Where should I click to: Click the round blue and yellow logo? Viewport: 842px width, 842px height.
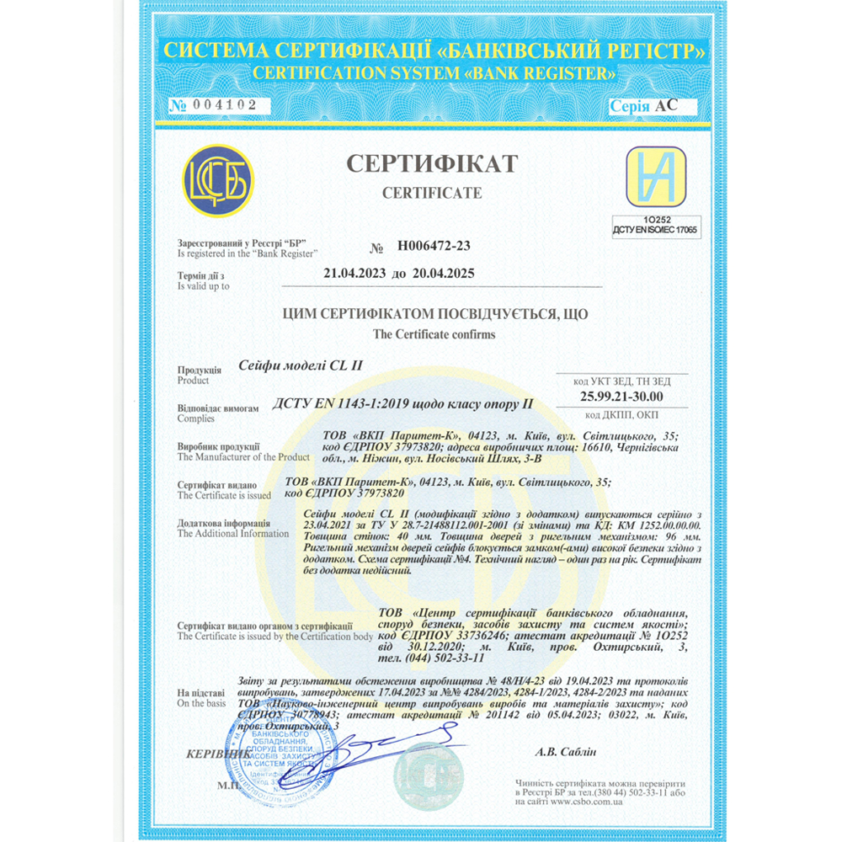pyautogui.click(x=218, y=181)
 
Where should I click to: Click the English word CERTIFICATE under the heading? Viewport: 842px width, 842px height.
pyautogui.click(x=432, y=193)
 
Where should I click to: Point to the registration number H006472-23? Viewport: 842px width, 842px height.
pyautogui.click(x=433, y=246)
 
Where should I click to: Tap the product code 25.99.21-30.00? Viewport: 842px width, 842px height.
pyautogui.click(x=621, y=396)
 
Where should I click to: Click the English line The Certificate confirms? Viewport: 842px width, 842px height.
pyautogui.click(x=434, y=334)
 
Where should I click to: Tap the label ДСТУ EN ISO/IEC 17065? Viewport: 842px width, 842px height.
pyautogui.click(x=656, y=229)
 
